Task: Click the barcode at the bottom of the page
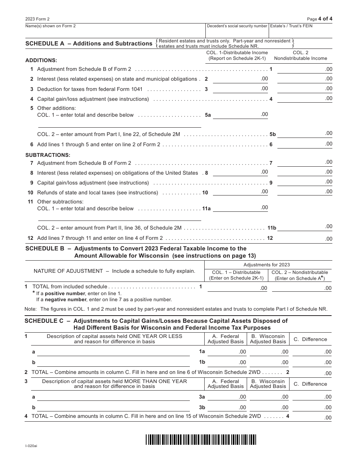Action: click(x=200, y=439)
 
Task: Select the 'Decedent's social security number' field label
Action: click(x=237, y=26)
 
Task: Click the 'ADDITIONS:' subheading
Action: click(x=41, y=60)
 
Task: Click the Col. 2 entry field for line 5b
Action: click(x=305, y=134)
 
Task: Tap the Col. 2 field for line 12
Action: click(x=305, y=238)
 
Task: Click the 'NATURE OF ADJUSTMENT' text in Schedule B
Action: click(x=68, y=271)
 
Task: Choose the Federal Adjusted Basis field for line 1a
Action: click(x=227, y=352)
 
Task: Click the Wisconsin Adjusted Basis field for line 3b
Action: click(x=269, y=407)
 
